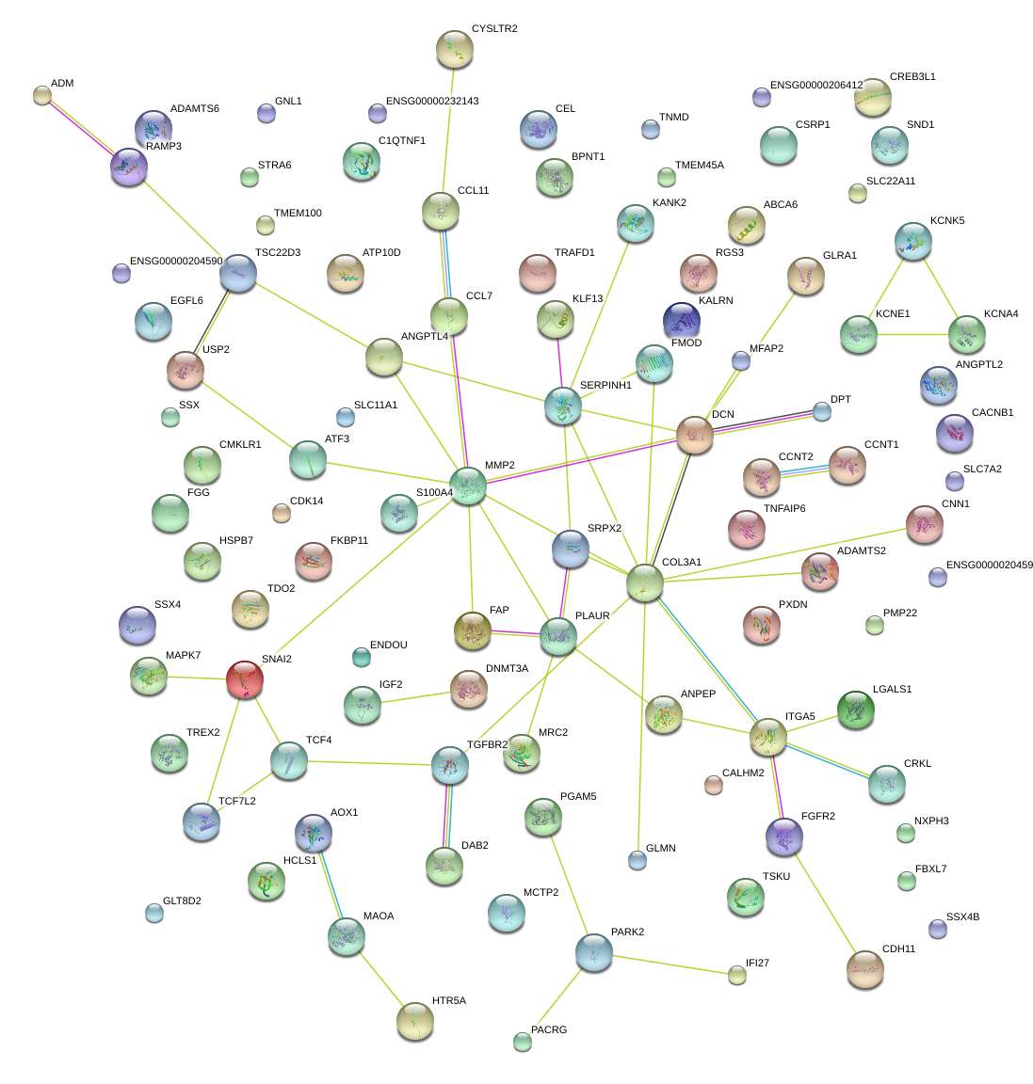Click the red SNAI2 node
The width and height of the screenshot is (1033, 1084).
tap(245, 678)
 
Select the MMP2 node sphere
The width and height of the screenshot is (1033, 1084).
tap(468, 485)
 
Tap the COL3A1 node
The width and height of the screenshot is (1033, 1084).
tap(645, 582)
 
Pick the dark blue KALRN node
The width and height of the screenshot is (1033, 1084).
tap(682, 321)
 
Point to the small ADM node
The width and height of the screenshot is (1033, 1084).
tap(42, 94)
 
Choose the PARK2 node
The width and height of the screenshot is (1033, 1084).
tap(593, 952)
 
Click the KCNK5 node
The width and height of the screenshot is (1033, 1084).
tap(912, 241)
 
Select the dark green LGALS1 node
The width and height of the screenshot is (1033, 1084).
tap(855, 709)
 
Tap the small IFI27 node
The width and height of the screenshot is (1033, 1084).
tap(737, 975)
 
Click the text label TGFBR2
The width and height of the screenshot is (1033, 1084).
tap(487, 745)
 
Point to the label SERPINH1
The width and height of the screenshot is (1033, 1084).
tap(605, 386)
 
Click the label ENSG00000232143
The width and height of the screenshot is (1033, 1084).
tap(432, 102)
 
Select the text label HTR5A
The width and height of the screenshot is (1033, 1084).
tap(448, 1001)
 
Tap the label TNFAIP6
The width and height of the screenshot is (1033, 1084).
tap(784, 509)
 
